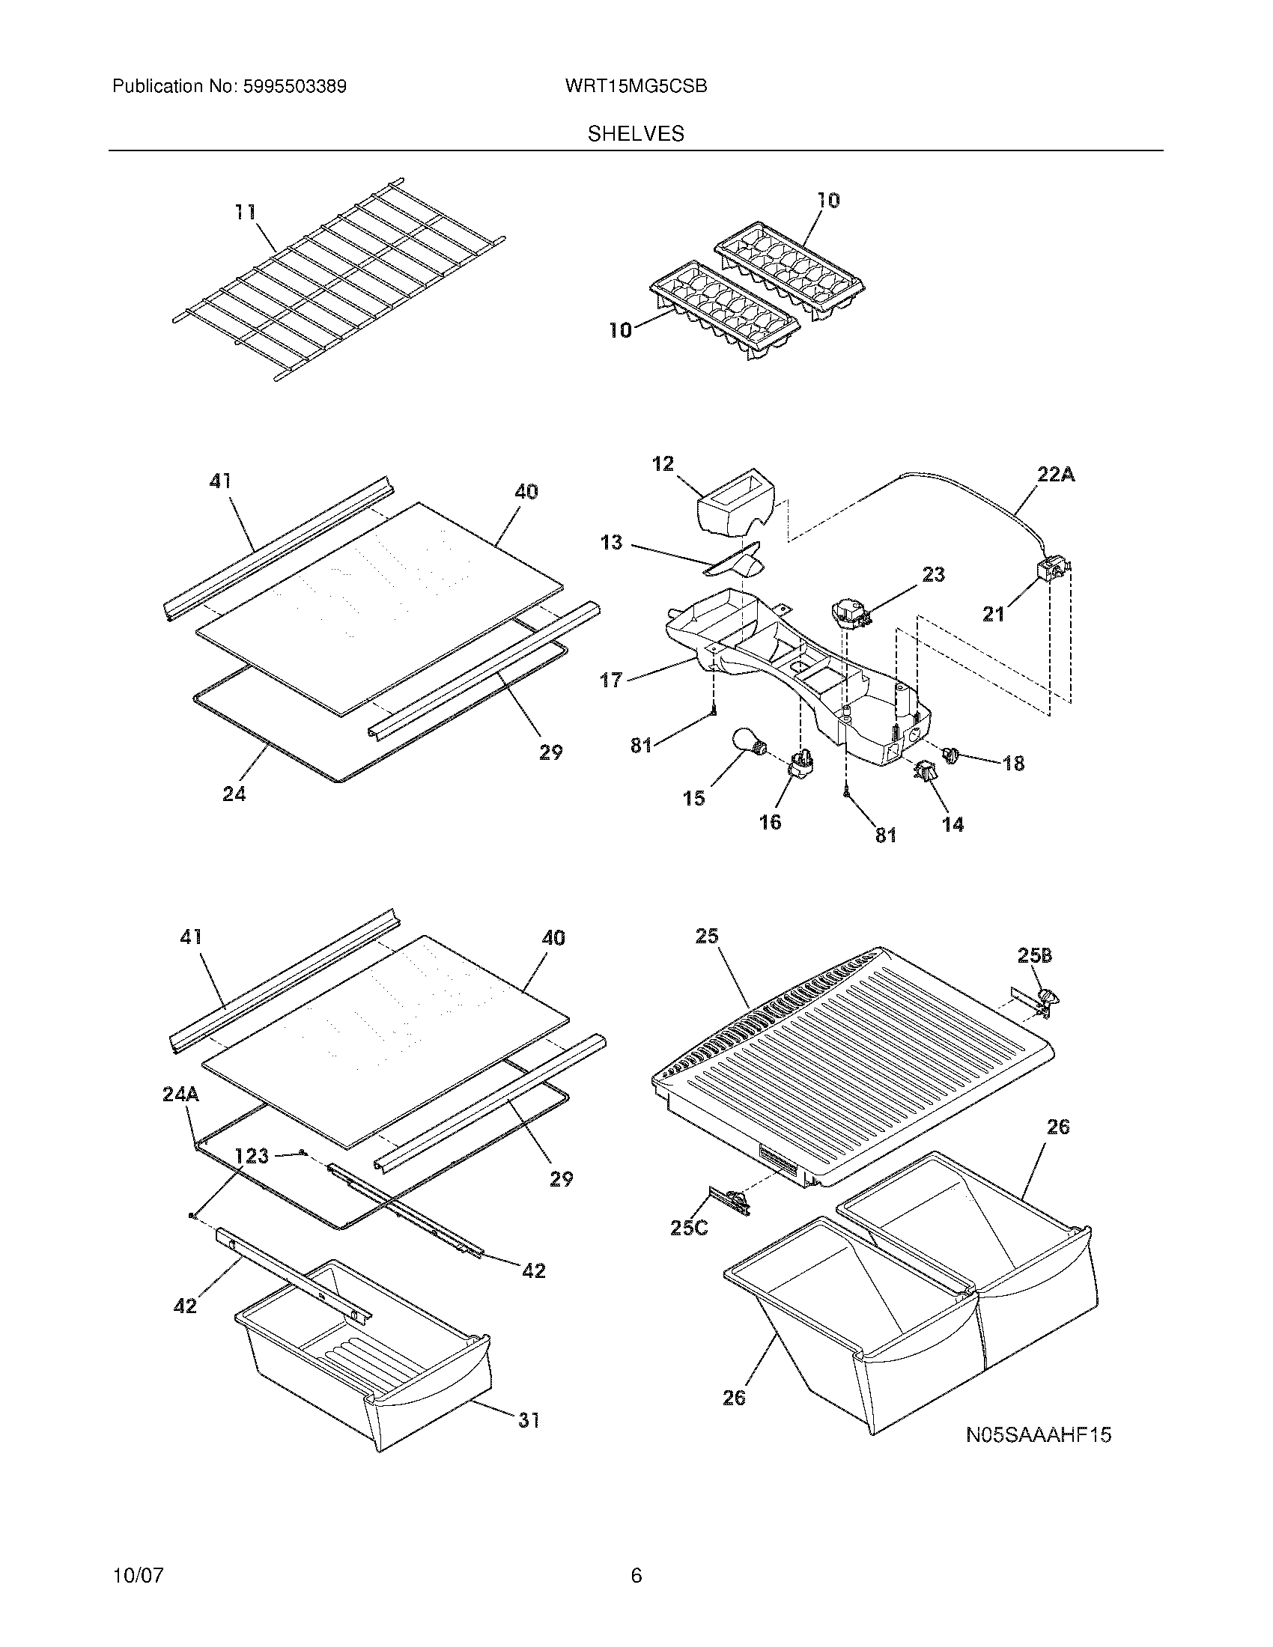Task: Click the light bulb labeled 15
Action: (x=748, y=743)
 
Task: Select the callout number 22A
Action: (x=1055, y=475)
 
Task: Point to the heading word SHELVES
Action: (x=636, y=134)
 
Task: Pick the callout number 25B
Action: (x=1034, y=955)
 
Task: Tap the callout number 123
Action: (x=251, y=1155)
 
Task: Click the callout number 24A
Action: (x=180, y=1095)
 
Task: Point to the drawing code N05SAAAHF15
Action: (x=1039, y=1435)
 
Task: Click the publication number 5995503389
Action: (x=294, y=87)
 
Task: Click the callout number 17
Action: (x=611, y=680)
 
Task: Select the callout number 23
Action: (x=933, y=575)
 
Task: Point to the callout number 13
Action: (x=611, y=542)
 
